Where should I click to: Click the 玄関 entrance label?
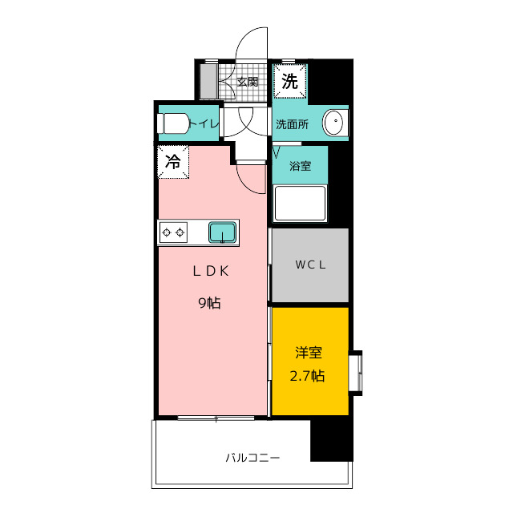tap(248, 82)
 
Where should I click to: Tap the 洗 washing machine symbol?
tap(290, 81)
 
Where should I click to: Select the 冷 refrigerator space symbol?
tap(173, 162)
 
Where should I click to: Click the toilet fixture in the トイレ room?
tap(173, 123)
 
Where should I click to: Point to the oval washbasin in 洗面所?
tap(333, 123)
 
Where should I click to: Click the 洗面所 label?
tap(292, 124)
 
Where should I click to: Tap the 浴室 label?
tap(300, 166)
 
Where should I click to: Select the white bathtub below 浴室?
tap(300, 204)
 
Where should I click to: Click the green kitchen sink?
tap(223, 232)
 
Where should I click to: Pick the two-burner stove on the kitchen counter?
tap(173, 232)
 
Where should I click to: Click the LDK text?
tap(211, 271)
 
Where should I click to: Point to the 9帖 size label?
tap(210, 303)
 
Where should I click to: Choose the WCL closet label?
tap(310, 265)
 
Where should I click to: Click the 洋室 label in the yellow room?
tap(309, 353)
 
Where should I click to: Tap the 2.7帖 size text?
tap(307, 376)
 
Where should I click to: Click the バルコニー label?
tap(252, 458)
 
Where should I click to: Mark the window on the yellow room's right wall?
tap(356, 373)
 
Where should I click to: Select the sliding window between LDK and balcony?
tap(216, 418)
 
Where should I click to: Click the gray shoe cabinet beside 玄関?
tap(208, 81)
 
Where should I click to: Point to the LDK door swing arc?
tap(245, 185)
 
